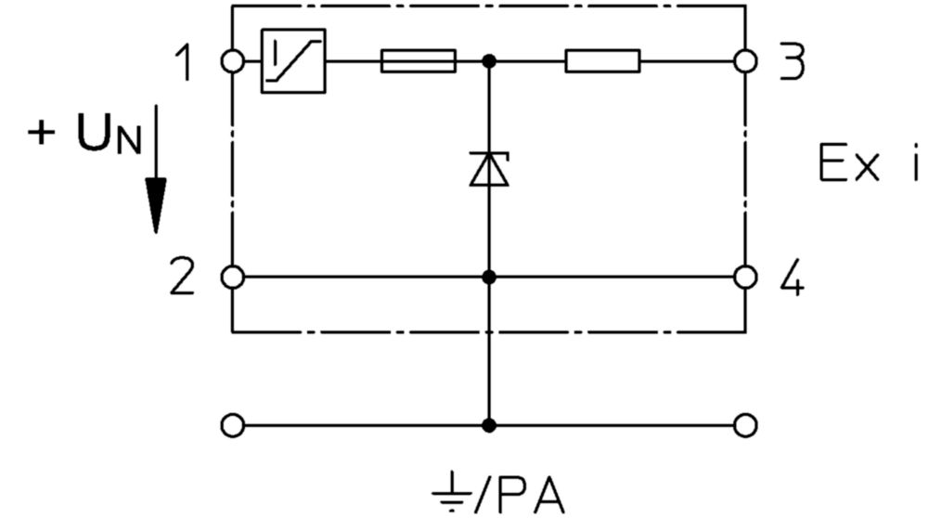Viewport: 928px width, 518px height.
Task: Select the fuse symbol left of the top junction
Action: (x=419, y=61)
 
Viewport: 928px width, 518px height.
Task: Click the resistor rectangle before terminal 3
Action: (x=602, y=61)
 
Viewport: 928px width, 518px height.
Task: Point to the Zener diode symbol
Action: (x=489, y=169)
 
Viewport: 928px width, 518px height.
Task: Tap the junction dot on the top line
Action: (x=489, y=61)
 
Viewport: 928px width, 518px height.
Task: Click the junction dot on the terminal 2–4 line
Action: (x=489, y=277)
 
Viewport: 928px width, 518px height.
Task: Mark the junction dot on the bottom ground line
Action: (x=489, y=425)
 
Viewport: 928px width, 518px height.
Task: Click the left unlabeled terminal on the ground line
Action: (x=232, y=425)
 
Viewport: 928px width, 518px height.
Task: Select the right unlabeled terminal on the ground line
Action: (x=745, y=425)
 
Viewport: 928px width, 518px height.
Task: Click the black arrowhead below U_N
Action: (x=156, y=205)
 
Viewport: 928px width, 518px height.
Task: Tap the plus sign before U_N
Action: (x=41, y=132)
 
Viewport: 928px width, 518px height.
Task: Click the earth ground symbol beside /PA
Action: (x=452, y=491)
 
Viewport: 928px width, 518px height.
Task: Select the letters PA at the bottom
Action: (x=531, y=493)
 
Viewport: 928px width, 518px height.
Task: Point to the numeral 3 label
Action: (x=792, y=61)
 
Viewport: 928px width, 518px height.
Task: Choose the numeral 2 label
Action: (x=182, y=277)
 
